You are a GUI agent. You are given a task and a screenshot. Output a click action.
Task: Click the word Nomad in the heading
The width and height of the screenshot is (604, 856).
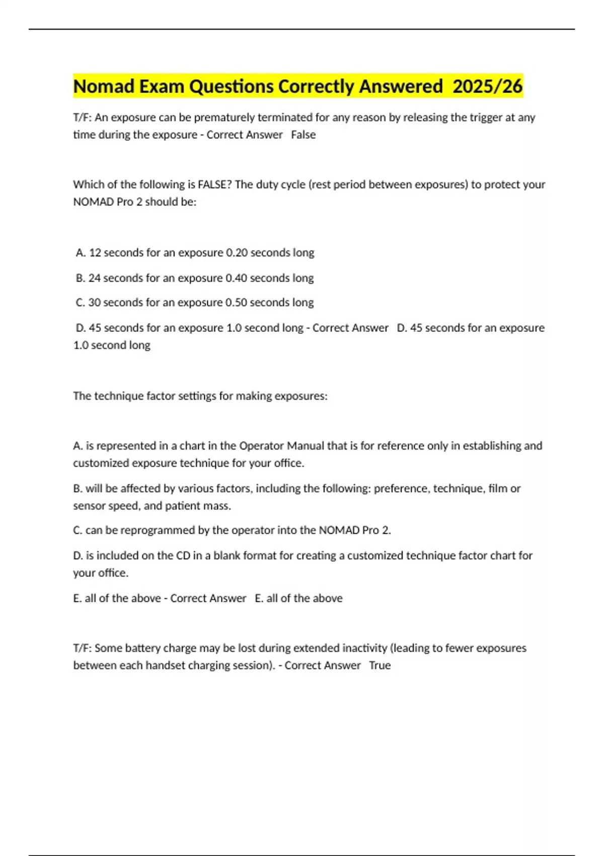coord(104,87)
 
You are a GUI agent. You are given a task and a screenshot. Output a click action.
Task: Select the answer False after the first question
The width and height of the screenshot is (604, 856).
coord(304,135)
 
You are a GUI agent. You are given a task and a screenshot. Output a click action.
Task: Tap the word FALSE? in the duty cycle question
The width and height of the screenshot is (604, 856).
coord(214,184)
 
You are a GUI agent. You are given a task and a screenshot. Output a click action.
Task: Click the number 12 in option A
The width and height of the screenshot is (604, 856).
coord(95,253)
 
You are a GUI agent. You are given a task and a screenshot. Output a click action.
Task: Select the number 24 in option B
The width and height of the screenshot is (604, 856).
coord(95,278)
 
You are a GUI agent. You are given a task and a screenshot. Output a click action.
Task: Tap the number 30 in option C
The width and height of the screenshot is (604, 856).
coord(95,303)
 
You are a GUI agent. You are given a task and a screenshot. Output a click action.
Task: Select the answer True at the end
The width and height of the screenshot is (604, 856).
coord(380,666)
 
